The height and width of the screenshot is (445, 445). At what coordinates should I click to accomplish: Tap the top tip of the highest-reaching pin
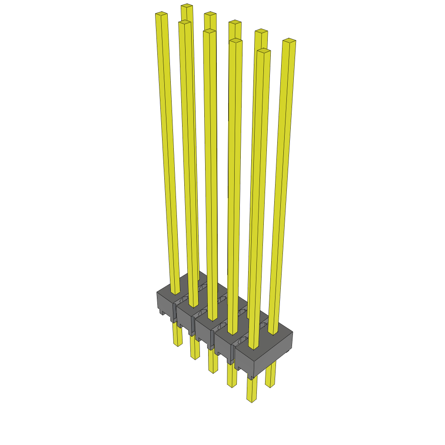click(x=187, y=6)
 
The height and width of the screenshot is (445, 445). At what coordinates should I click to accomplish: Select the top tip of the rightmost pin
click(x=289, y=41)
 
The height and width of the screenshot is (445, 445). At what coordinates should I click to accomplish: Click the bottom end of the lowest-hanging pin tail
click(x=251, y=400)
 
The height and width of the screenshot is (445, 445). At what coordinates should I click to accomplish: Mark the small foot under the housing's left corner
click(x=161, y=312)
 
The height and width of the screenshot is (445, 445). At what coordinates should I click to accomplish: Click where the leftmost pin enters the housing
click(x=175, y=292)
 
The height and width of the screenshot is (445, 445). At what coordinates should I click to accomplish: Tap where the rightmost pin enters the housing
click(x=272, y=332)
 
